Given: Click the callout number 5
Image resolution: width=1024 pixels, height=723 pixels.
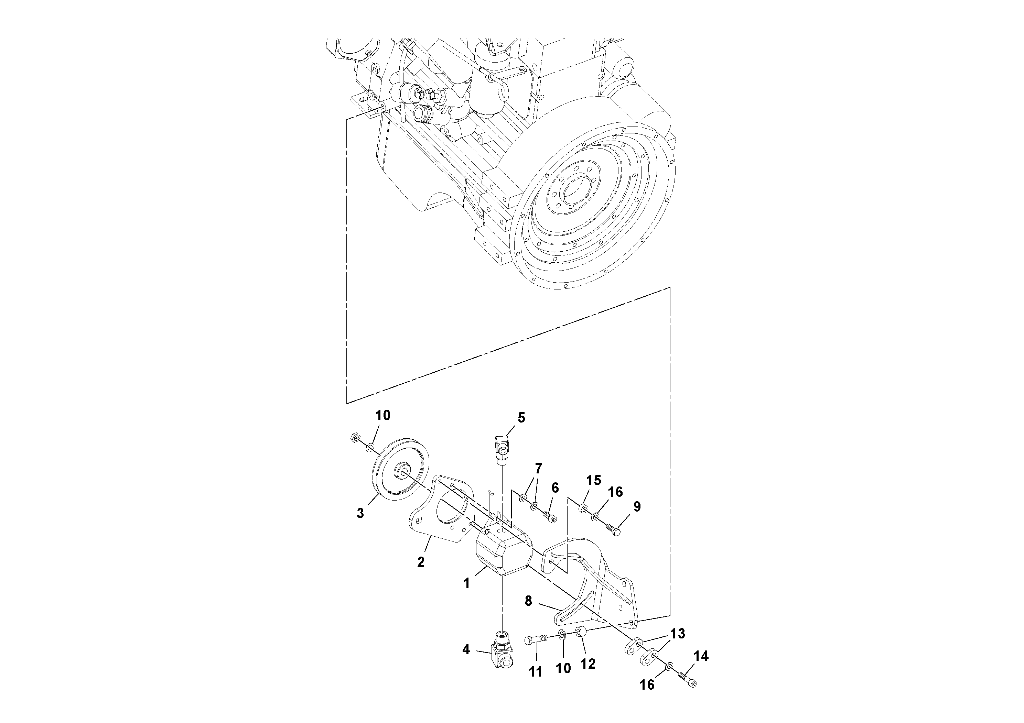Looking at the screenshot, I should [x=521, y=418].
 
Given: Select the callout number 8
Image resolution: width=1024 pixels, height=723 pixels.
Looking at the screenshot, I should [x=528, y=601].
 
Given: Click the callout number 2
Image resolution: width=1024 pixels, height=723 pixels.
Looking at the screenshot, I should [x=421, y=562].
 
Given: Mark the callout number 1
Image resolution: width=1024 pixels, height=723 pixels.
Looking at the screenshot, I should [x=466, y=583].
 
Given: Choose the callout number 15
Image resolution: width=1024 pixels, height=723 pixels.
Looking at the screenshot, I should [x=594, y=480].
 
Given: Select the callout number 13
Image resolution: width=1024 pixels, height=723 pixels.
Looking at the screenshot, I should [x=678, y=633].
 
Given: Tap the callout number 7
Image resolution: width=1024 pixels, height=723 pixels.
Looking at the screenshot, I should [x=538, y=469].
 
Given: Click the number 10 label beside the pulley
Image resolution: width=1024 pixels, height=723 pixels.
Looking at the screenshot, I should [x=382, y=415].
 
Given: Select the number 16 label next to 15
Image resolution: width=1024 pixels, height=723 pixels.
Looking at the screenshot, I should [x=615, y=492].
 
